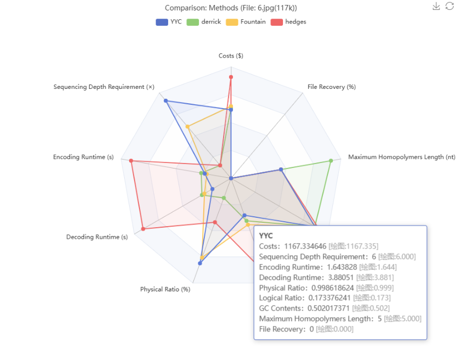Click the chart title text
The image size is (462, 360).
[x=231, y=8]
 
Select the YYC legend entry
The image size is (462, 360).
[x=169, y=22]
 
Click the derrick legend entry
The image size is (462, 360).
[x=204, y=22]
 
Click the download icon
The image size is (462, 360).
[x=436, y=6]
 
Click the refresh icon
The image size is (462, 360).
[x=449, y=6]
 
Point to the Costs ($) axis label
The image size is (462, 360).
[x=231, y=56]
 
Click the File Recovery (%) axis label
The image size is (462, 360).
[x=331, y=87]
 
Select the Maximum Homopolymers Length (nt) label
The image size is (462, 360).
[x=402, y=157]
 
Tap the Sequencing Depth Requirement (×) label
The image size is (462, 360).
[x=104, y=87]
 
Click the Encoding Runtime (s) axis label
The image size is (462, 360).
[x=84, y=157]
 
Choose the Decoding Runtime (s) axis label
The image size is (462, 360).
[x=97, y=237]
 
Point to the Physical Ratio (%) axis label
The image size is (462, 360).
[x=165, y=289]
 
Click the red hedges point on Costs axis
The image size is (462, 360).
[x=231, y=77]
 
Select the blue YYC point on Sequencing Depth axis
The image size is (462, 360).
[x=166, y=101]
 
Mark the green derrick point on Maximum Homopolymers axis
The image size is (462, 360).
[x=331, y=161]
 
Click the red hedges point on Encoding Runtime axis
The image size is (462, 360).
[x=131, y=161]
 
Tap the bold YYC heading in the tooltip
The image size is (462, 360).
[x=266, y=235]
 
